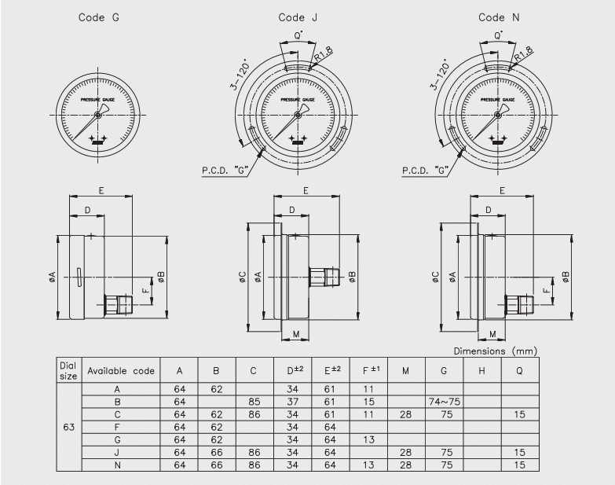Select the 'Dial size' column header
click(x=68, y=369)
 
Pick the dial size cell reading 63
click(x=68, y=429)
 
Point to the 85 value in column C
click(x=254, y=402)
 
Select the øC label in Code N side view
click(x=436, y=277)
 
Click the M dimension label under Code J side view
click(x=295, y=333)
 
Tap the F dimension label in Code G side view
click(x=145, y=289)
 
